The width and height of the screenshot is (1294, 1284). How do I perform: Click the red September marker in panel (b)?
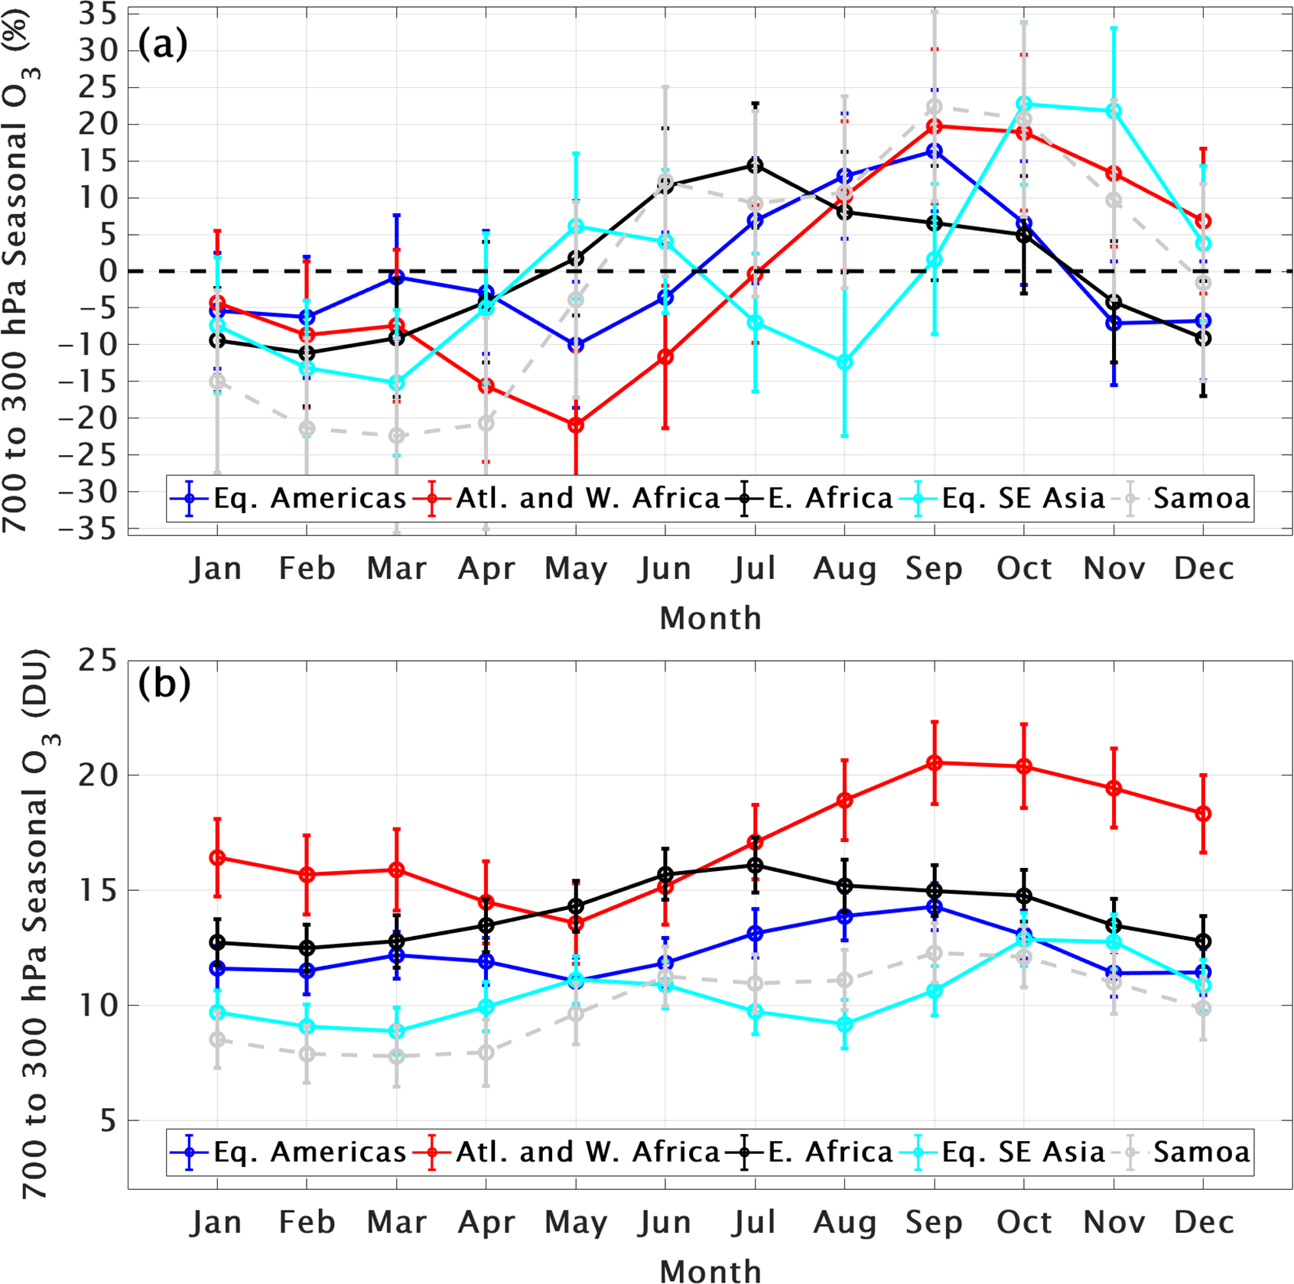(x=934, y=762)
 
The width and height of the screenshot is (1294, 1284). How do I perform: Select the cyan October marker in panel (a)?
(x=1024, y=104)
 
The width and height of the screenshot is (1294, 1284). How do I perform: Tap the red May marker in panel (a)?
(x=576, y=424)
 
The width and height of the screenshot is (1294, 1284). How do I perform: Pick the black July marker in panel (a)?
(x=755, y=165)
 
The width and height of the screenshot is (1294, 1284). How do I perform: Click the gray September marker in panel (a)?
(x=934, y=107)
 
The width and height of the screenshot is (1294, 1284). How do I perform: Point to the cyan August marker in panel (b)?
(x=844, y=1024)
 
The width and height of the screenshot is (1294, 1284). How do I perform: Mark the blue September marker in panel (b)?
(x=934, y=907)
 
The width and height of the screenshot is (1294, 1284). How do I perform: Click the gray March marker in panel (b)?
(x=396, y=1056)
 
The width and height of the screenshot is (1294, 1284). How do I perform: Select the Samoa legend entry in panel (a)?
(x=1201, y=499)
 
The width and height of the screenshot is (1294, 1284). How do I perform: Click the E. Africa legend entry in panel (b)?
(x=830, y=1152)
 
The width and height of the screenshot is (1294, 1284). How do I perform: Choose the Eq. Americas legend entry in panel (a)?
(x=309, y=499)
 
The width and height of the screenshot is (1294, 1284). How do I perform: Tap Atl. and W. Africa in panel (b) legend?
(x=587, y=1152)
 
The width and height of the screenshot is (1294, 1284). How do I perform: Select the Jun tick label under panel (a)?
(x=665, y=569)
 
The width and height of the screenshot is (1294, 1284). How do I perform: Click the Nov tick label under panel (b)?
(x=1114, y=1222)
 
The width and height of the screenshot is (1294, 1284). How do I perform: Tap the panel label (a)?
(x=162, y=45)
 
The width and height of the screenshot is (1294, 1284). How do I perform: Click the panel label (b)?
(x=164, y=683)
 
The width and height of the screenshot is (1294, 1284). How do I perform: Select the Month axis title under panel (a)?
(x=710, y=618)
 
